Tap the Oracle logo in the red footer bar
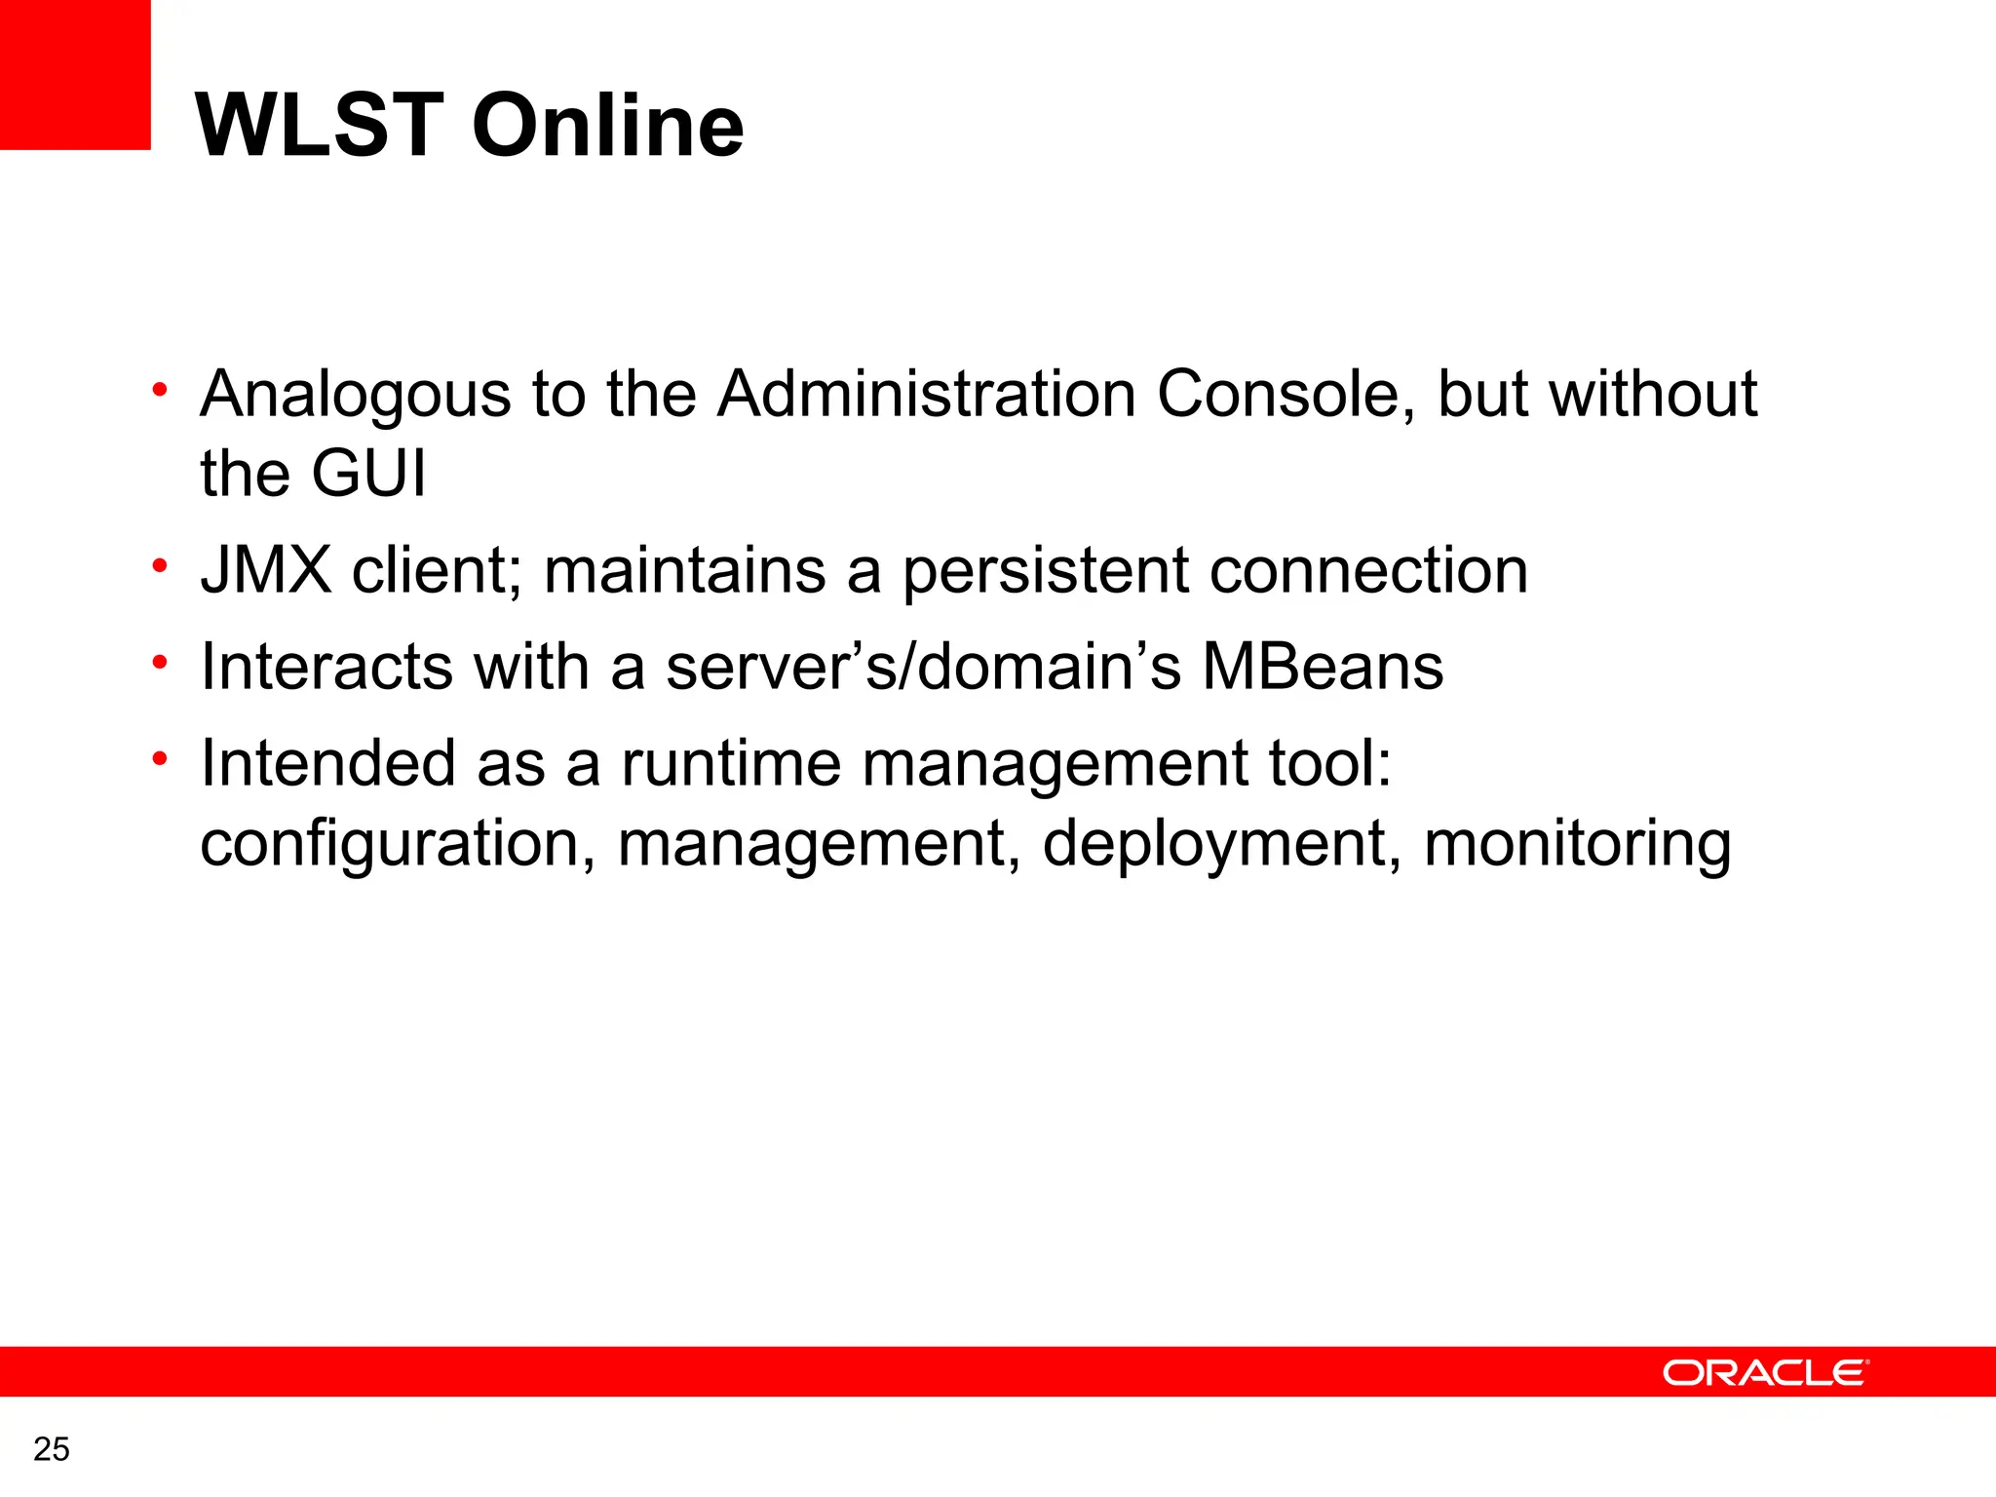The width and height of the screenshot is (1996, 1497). click(x=1765, y=1372)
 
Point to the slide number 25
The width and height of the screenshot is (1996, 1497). click(x=52, y=1449)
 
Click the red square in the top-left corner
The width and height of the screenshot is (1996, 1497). click(x=75, y=74)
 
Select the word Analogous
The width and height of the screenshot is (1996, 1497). click(x=356, y=396)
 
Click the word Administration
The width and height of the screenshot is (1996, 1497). click(x=927, y=394)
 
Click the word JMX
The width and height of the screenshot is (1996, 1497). click(x=266, y=570)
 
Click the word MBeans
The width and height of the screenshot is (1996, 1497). click(x=1323, y=668)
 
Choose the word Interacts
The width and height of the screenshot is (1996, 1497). click(x=326, y=668)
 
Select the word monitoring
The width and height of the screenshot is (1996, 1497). click(x=1577, y=845)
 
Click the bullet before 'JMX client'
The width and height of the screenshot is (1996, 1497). click(x=160, y=565)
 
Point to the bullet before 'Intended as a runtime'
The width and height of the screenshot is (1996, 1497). click(x=160, y=758)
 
